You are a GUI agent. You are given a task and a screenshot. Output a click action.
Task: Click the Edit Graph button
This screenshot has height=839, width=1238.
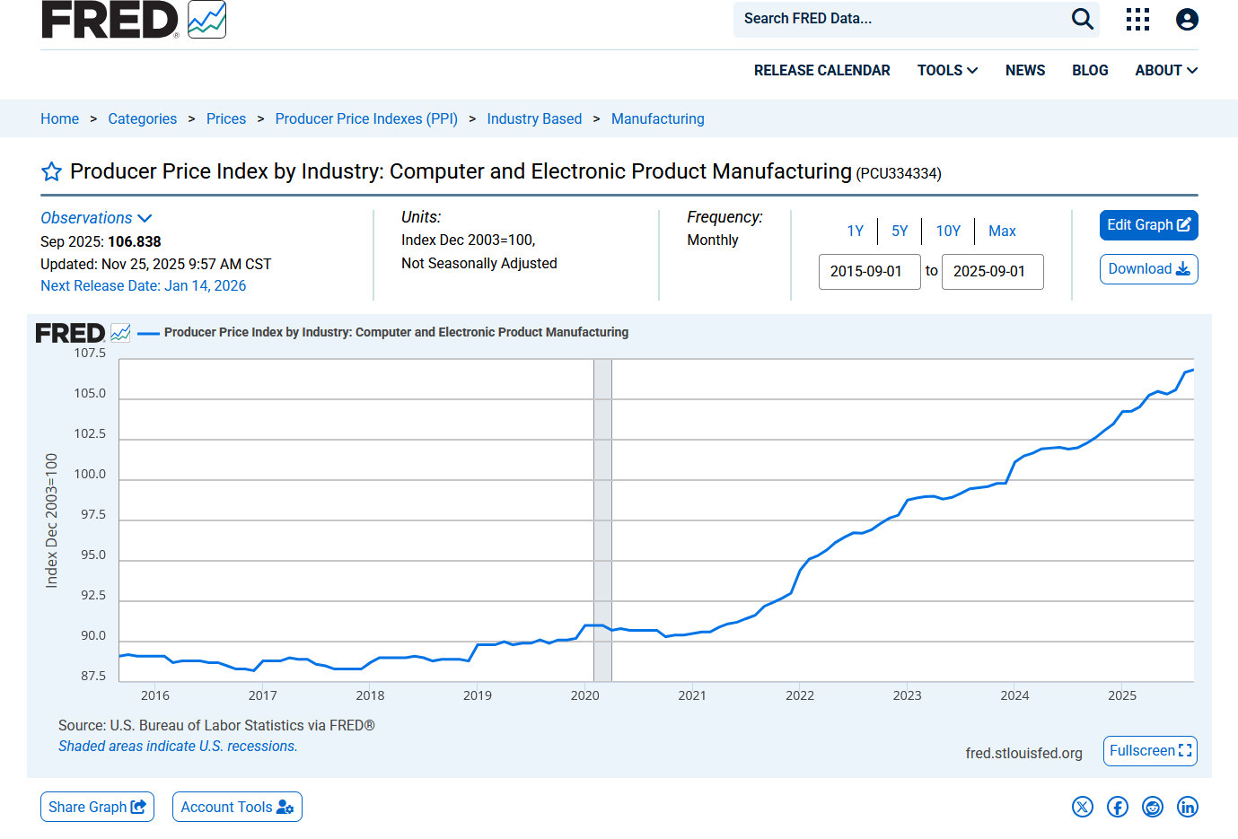[1148, 225]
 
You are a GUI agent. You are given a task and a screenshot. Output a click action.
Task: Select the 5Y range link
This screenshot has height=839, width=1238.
[900, 231]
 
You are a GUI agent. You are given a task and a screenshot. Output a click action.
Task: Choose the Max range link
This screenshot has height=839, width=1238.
[1002, 231]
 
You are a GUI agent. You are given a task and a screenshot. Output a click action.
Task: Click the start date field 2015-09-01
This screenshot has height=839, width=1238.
[869, 272]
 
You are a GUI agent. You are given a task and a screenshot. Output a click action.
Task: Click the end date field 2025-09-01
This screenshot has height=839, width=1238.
[993, 272]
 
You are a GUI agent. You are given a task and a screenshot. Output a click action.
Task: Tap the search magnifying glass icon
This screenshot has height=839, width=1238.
[1082, 20]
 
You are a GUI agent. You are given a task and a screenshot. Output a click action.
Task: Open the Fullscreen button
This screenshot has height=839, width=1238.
[1150, 751]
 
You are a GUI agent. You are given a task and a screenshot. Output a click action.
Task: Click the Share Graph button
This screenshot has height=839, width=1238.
[97, 807]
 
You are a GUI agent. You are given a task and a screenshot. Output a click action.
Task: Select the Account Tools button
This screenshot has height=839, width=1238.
[237, 807]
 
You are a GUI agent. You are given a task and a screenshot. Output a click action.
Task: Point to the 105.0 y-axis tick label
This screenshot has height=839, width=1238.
[90, 393]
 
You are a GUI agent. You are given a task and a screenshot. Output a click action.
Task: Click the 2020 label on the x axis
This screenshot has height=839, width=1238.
[584, 695]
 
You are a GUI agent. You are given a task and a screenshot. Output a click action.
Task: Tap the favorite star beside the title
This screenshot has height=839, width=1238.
[51, 171]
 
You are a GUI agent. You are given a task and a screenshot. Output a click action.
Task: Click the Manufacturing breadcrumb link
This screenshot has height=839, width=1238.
[658, 118]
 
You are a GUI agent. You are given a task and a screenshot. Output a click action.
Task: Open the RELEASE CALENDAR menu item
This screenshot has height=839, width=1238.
[821, 71]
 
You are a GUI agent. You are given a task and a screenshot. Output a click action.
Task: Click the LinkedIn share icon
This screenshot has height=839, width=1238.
[1187, 807]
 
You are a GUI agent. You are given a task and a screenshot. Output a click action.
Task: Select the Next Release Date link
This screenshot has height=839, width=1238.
[143, 285]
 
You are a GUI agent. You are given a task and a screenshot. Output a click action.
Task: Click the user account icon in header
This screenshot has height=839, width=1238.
[1187, 20]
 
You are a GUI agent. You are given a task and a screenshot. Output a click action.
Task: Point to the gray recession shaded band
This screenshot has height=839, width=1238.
[602, 520]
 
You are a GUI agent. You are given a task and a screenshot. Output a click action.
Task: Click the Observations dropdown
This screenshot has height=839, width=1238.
[96, 218]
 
